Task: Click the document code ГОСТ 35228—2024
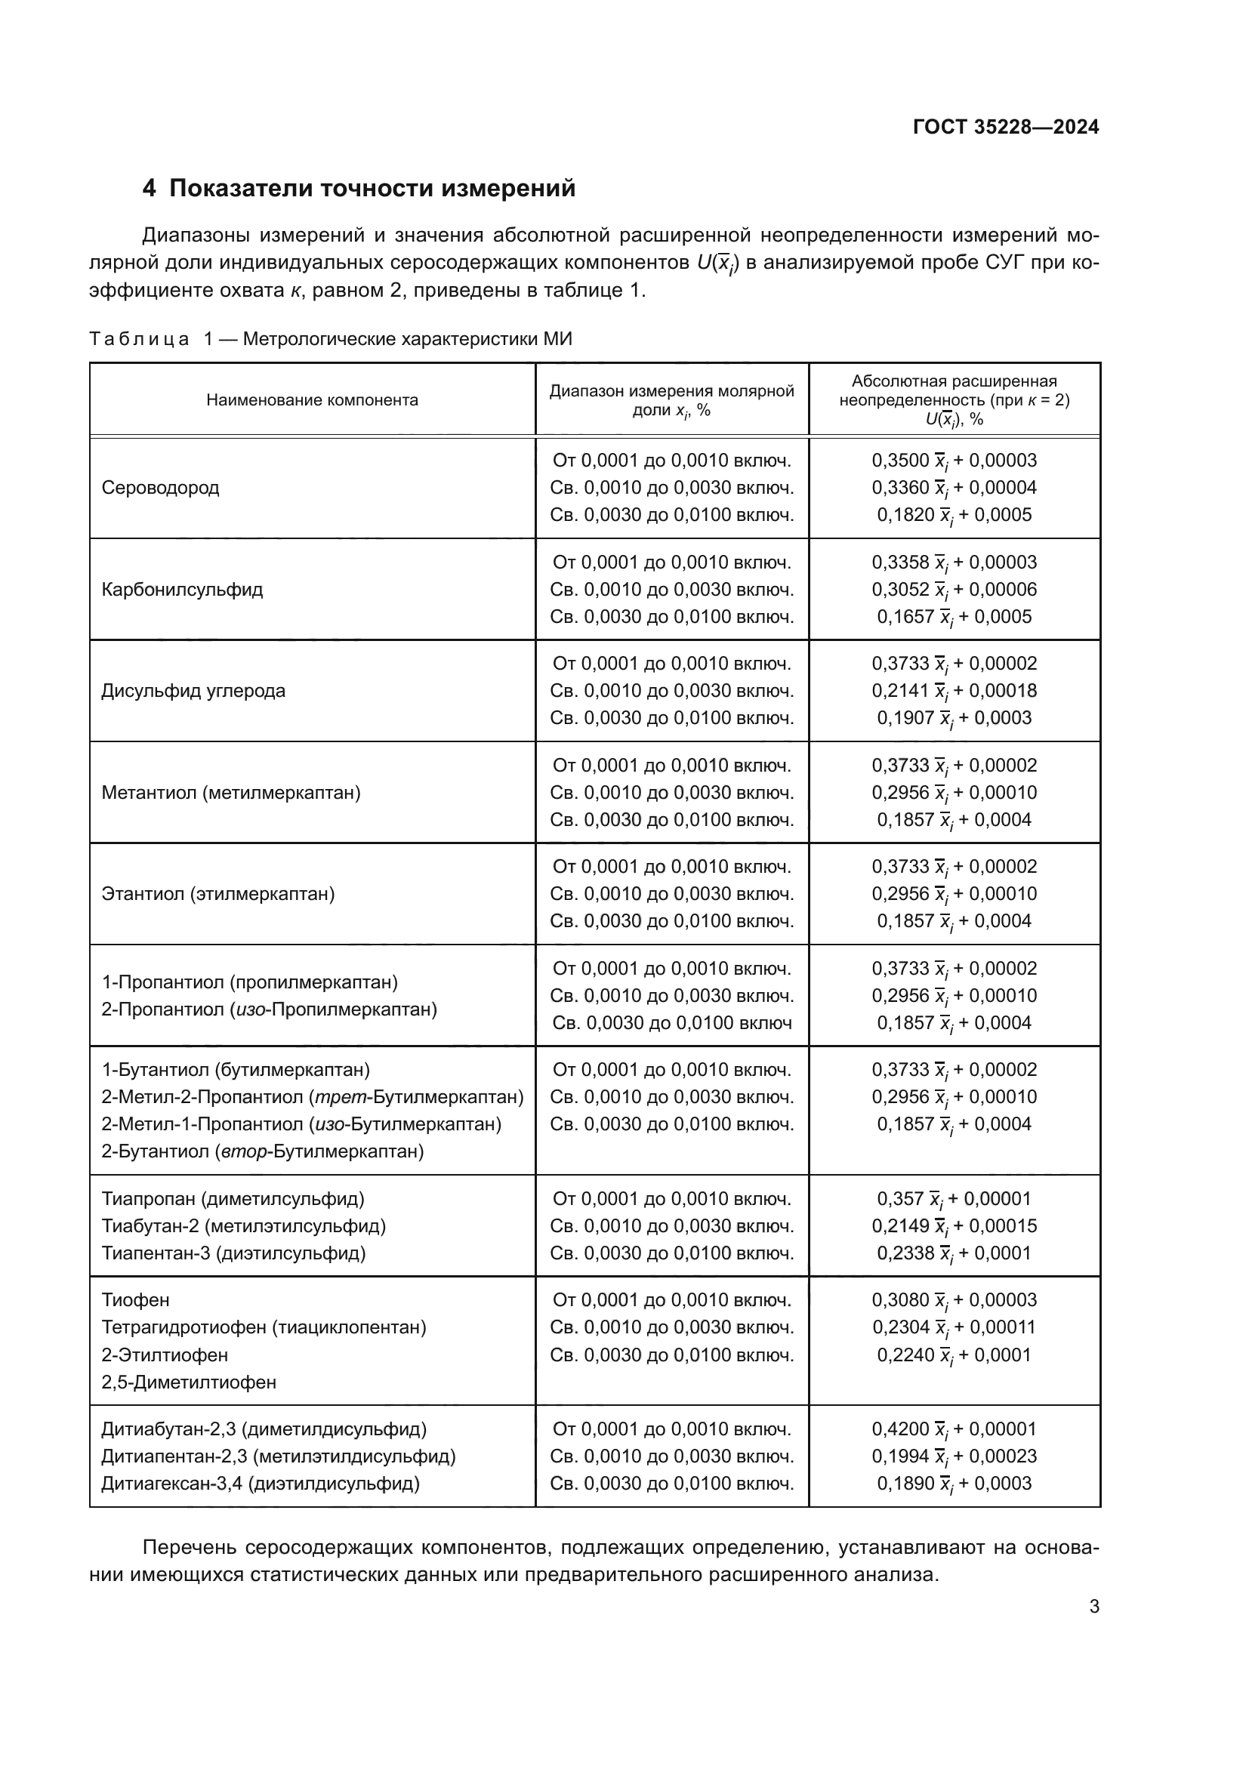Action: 1005,127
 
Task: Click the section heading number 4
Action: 150,189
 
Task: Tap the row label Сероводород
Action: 160,488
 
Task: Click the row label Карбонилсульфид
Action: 181,590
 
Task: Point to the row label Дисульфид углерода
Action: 193,691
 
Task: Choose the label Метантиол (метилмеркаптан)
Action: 231,792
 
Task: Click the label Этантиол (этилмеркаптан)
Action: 217,894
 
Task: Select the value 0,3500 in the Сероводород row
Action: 900,461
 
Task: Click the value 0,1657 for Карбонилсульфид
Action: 905,617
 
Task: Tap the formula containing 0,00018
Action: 954,691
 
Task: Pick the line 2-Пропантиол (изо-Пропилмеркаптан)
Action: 269,1009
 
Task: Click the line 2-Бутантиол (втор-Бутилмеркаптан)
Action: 262,1151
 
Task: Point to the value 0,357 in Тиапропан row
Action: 900,1198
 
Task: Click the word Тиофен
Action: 135,1300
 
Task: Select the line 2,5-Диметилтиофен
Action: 189,1382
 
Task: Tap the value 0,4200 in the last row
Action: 900,1429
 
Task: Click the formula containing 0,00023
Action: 954,1456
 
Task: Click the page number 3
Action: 1093,1607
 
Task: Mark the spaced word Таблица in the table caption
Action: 139,339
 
